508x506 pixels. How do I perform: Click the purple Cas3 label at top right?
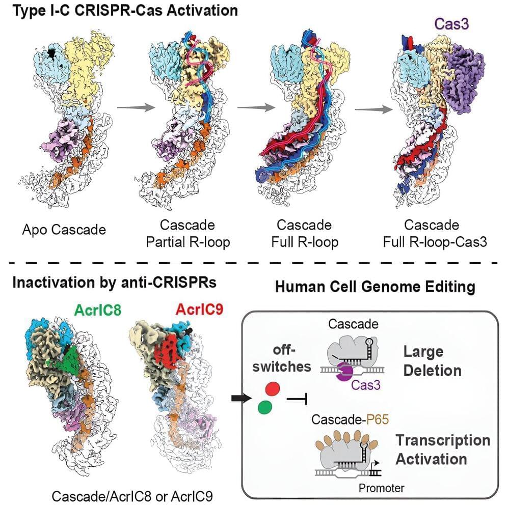click(451, 24)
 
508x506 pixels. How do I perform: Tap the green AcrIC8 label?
click(97, 310)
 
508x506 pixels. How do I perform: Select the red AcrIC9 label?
click(199, 310)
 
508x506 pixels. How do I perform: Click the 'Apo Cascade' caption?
click(64, 230)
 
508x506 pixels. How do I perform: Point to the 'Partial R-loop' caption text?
click(188, 242)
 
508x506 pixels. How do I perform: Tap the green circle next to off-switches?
click(265, 407)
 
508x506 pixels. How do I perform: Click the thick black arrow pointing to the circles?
click(242, 398)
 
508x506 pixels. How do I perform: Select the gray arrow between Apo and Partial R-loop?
click(136, 107)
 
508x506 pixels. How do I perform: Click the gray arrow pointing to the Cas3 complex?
click(373, 109)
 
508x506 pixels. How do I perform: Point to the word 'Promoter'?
click(382, 488)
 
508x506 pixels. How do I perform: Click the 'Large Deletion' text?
click(433, 361)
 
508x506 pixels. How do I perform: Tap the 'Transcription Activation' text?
click(443, 449)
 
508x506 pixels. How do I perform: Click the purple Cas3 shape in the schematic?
click(344, 372)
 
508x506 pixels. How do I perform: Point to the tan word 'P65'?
click(378, 419)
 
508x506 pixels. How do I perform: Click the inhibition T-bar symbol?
click(297, 399)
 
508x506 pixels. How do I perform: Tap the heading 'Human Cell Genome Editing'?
click(375, 287)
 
